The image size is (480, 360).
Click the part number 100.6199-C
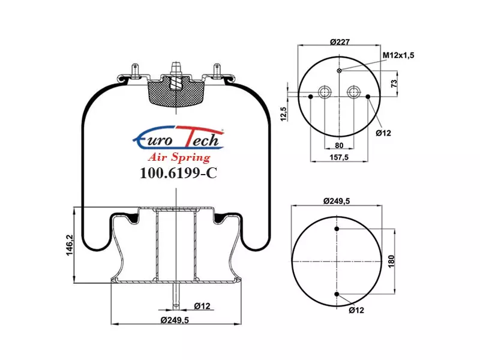click(x=178, y=173)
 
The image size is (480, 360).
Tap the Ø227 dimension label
click(x=340, y=41)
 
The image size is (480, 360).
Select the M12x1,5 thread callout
click(x=398, y=55)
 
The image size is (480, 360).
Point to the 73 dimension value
click(x=394, y=83)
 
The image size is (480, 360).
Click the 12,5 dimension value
click(x=283, y=114)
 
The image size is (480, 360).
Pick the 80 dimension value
click(x=339, y=145)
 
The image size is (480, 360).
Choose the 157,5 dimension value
click(x=339, y=157)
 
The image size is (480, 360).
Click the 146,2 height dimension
click(x=70, y=245)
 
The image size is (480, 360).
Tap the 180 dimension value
click(x=391, y=261)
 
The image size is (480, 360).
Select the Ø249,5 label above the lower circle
click(x=337, y=201)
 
